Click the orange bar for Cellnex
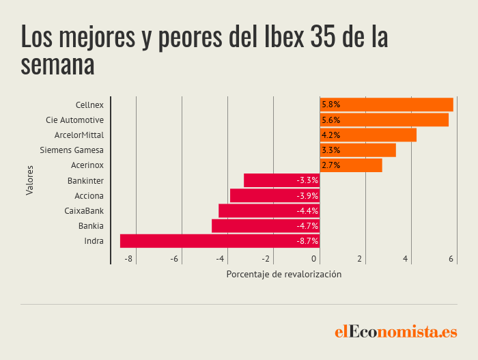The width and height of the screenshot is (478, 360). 386,105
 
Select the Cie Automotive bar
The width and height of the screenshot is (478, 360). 384,120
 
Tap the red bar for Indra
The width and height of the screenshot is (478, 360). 220,241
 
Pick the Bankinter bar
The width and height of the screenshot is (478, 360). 281,180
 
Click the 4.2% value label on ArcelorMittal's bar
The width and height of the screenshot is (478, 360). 331,135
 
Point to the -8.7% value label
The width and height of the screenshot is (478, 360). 307,241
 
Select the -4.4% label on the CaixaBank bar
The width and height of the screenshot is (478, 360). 307,211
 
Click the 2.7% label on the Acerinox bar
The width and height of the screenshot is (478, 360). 331,165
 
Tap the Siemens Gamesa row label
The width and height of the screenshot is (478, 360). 72,150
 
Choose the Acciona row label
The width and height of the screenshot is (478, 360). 89,196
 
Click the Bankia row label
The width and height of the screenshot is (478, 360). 91,225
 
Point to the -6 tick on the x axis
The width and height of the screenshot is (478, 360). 174,259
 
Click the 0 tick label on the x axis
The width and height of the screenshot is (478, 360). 313,259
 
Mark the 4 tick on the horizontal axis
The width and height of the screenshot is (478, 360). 405,259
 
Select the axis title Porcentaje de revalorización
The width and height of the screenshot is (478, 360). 284,275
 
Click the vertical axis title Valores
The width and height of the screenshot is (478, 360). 29,180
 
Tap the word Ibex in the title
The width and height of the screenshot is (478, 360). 284,37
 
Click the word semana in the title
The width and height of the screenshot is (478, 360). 57,65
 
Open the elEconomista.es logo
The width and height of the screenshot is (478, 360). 396,331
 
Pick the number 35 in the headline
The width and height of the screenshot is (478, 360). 323,37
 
